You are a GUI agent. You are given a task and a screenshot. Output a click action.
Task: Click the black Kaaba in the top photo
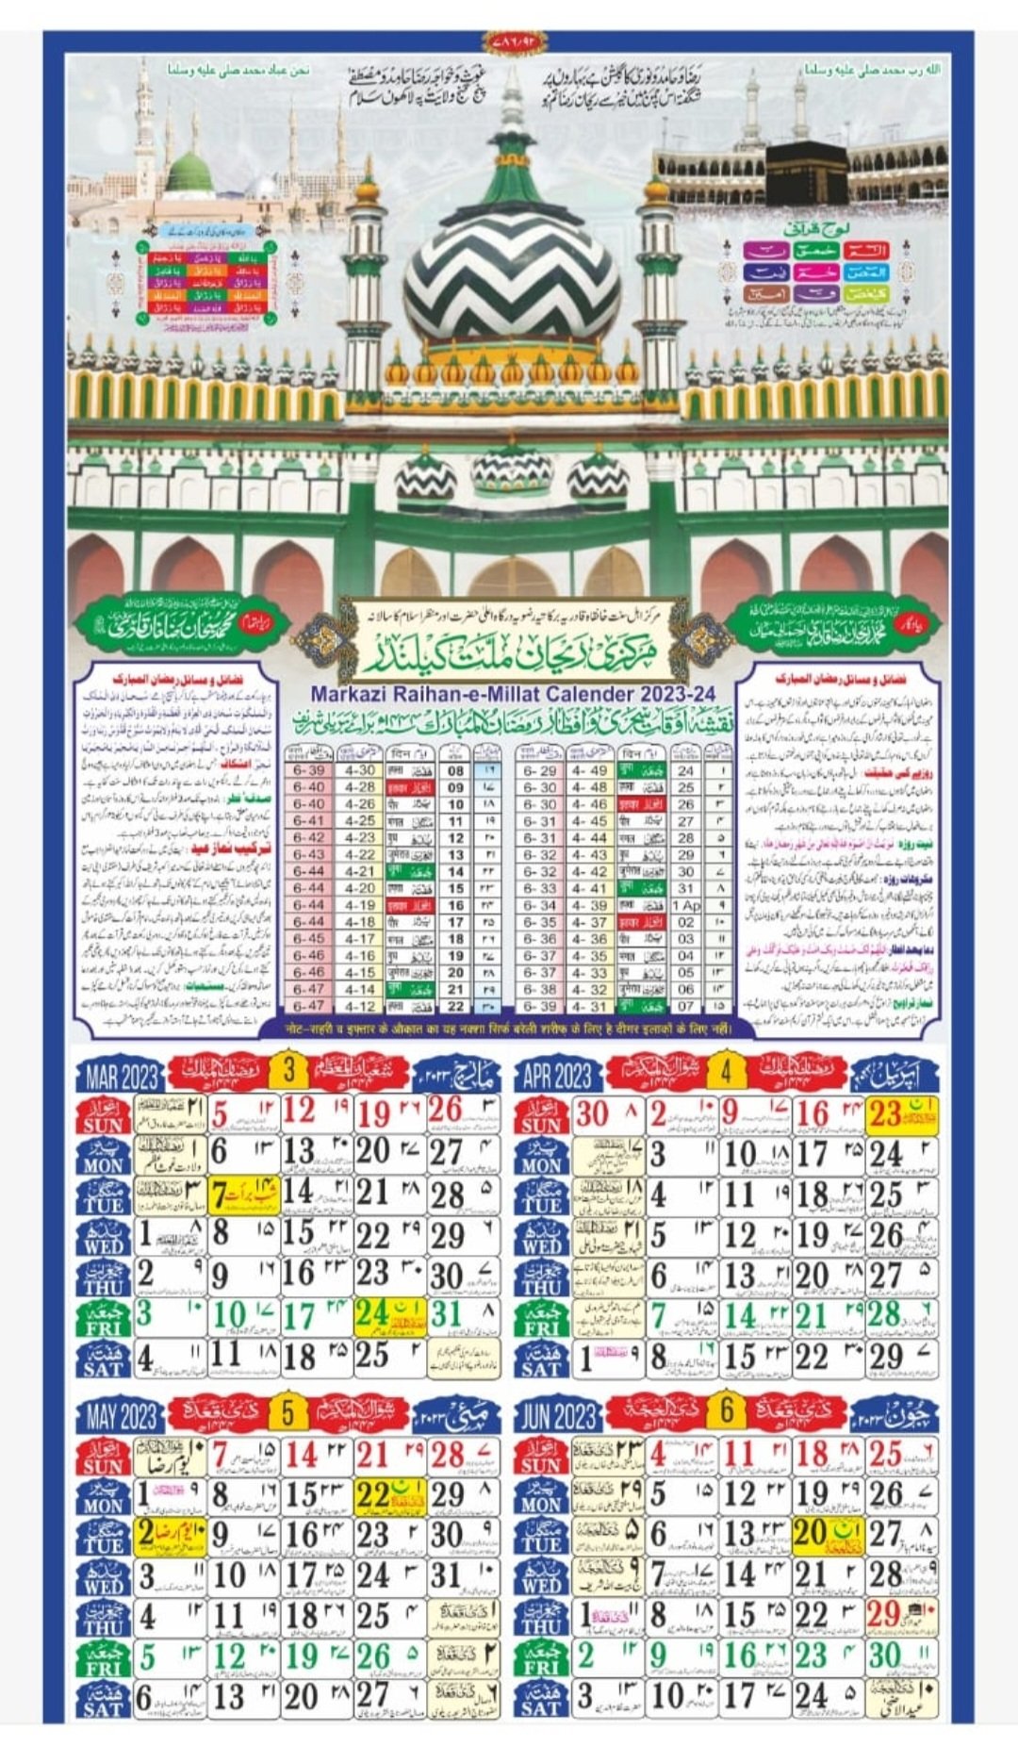[806, 173]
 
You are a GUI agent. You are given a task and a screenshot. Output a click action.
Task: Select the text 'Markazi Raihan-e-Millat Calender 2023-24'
[513, 694]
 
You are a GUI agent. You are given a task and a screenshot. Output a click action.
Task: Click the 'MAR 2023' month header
[121, 1075]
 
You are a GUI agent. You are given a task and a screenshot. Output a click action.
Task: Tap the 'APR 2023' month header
[557, 1075]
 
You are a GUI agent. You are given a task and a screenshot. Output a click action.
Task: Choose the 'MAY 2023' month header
[121, 1415]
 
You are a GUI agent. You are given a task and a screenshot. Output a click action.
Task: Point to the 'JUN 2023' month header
[557, 1415]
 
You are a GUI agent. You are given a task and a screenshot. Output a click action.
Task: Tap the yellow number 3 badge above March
[289, 1070]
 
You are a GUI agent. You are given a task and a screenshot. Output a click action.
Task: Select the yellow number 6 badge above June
[727, 1410]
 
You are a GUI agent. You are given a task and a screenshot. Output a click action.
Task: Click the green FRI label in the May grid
[104, 1658]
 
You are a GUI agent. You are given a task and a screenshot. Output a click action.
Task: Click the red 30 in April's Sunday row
[593, 1114]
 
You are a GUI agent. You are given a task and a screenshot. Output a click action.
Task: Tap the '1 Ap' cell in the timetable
[686, 905]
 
